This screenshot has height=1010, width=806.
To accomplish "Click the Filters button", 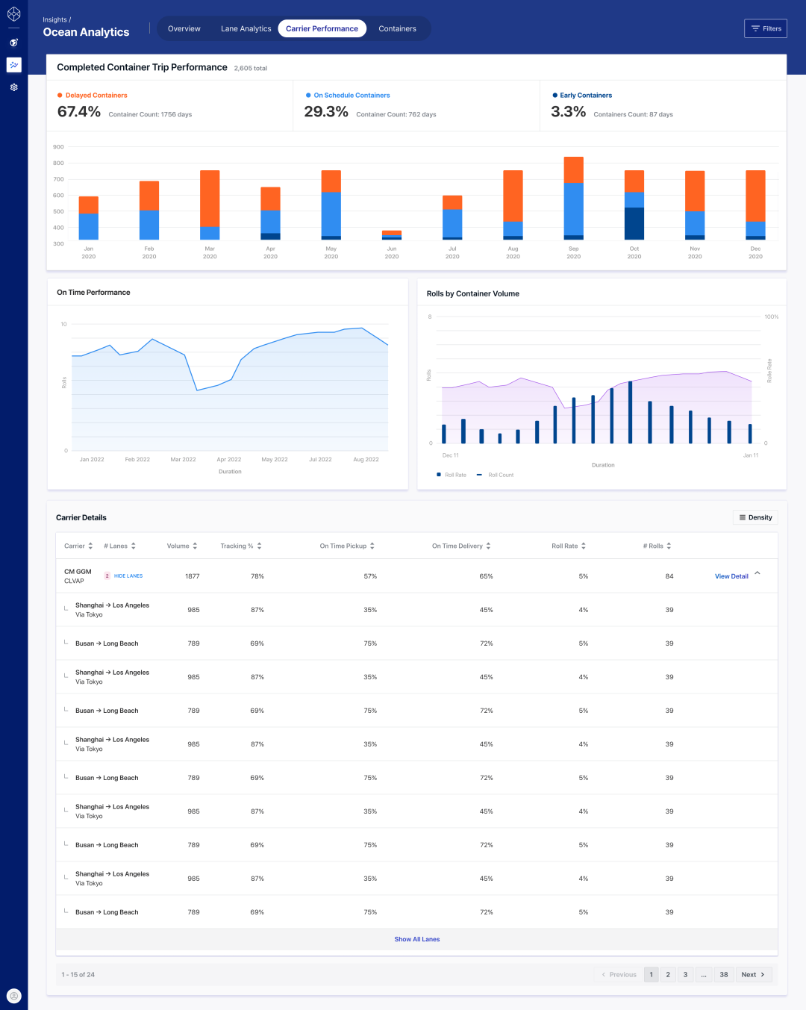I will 766,28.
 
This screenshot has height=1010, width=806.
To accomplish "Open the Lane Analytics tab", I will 246,28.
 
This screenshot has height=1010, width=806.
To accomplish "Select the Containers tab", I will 397,28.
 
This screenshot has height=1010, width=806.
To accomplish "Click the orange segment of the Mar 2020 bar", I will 210,198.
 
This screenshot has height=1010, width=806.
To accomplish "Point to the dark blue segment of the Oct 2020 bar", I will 634,223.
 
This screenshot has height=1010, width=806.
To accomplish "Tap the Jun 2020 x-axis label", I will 392,252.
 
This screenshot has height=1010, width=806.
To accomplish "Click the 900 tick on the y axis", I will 58,147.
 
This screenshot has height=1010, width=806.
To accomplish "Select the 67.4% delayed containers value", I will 79,112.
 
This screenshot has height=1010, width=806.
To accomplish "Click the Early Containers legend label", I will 586,96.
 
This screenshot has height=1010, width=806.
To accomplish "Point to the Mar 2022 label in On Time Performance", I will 183,460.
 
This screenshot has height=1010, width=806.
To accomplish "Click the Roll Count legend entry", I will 500,475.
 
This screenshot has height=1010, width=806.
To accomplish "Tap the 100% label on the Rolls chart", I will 772,317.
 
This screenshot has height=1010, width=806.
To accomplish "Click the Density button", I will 756,517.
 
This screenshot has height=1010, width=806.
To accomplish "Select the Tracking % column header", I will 237,546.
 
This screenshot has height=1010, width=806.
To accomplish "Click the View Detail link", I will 731,576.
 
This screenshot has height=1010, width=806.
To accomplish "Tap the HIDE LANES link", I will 128,576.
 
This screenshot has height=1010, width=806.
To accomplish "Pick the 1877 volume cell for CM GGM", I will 193,576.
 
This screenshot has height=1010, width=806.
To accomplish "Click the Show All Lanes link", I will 417,939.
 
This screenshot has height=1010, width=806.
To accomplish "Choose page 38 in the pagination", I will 724,974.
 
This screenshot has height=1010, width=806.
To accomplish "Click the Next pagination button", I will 752,974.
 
